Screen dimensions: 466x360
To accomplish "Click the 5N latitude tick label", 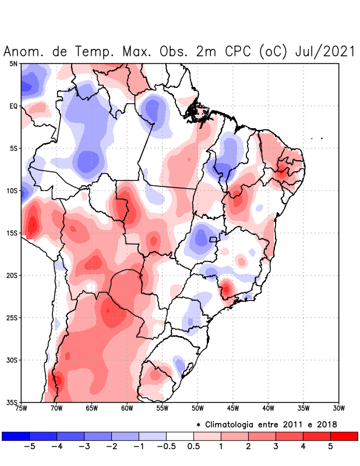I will point(13,63).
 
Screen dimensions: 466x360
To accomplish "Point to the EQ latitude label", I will point(13,106).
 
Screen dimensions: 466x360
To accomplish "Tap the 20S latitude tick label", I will point(12,276).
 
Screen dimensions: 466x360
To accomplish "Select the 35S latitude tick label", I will point(12,402).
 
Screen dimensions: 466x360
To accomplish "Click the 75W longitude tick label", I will point(22,408).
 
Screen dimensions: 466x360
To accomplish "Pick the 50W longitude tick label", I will point(197,408).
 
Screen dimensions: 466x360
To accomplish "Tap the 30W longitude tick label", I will point(338,408).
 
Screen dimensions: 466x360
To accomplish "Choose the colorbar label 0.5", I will point(194,446).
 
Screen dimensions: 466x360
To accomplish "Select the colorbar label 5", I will point(330,446).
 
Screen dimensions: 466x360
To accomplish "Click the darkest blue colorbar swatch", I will point(16,436).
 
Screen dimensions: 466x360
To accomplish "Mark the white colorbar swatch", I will point(180,436).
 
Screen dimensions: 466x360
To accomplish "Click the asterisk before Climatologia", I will point(198,425).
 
